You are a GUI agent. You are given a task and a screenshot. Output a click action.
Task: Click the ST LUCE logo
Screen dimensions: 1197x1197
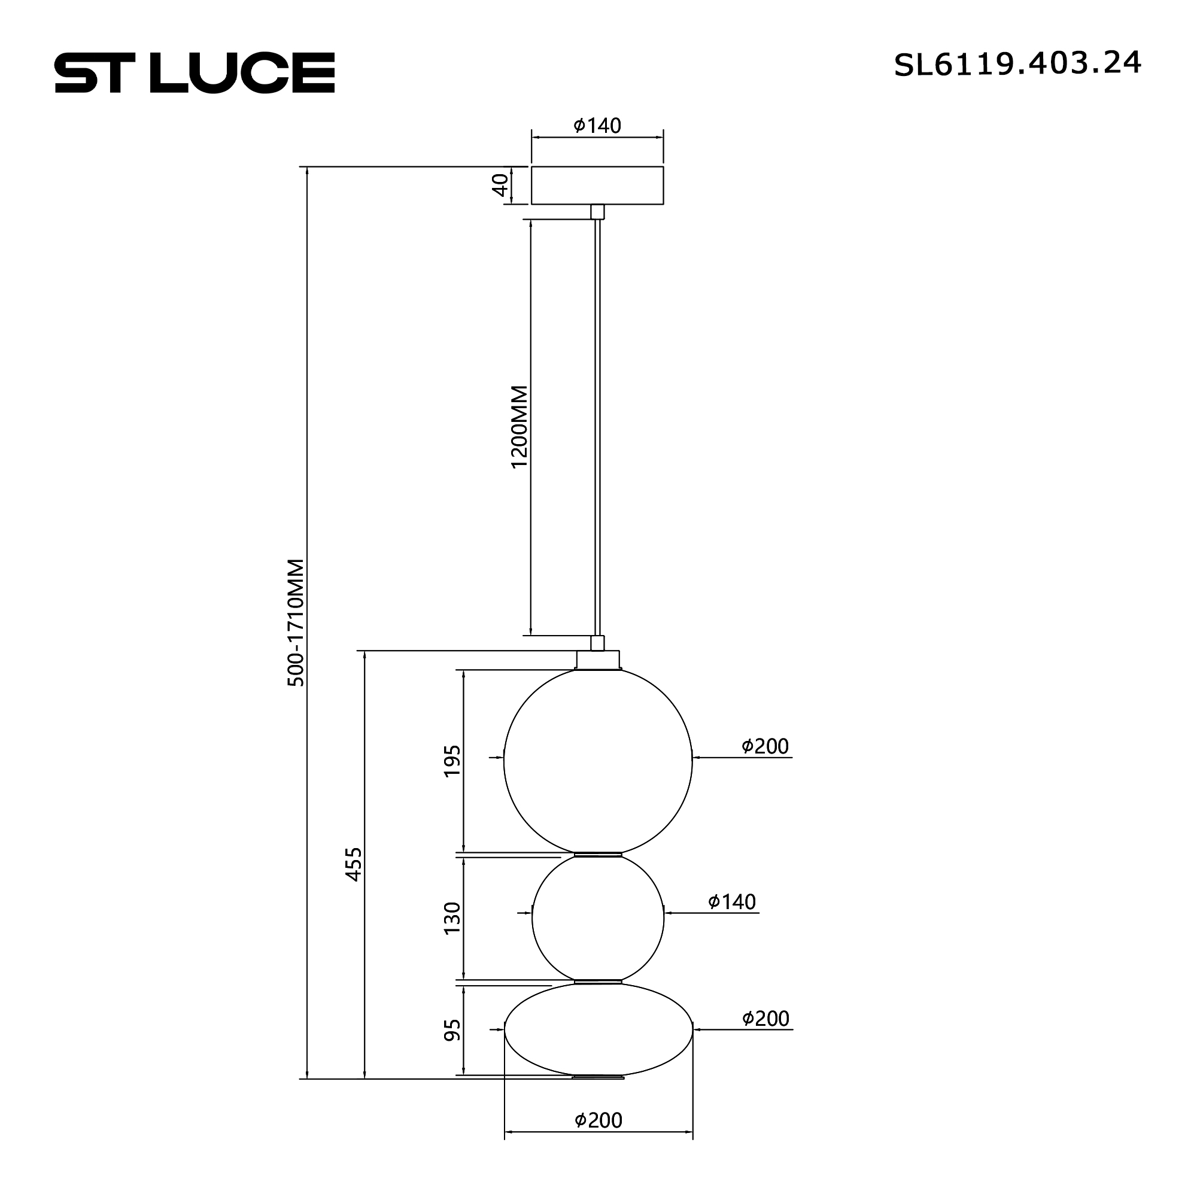pyautogui.click(x=195, y=72)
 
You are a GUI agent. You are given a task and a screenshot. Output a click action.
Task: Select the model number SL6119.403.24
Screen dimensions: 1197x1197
pyautogui.click(x=1017, y=64)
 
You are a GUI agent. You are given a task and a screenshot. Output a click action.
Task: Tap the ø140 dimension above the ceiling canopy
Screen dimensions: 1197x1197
pyautogui.click(x=597, y=126)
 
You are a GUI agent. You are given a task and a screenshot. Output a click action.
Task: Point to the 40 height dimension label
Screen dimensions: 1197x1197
pyautogui.click(x=500, y=184)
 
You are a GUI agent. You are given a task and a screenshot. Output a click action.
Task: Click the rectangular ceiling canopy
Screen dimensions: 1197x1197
pyautogui.click(x=597, y=186)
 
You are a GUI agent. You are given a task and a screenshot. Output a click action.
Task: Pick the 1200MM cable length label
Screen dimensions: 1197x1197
pyautogui.click(x=519, y=427)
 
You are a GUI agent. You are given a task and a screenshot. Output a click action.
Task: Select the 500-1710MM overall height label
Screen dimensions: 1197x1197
pyautogui.click(x=296, y=622)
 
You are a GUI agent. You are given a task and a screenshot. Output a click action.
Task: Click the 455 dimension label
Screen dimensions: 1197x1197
pyautogui.click(x=353, y=864)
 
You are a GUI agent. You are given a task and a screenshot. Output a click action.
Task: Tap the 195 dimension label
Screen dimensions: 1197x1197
pyautogui.click(x=452, y=761)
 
